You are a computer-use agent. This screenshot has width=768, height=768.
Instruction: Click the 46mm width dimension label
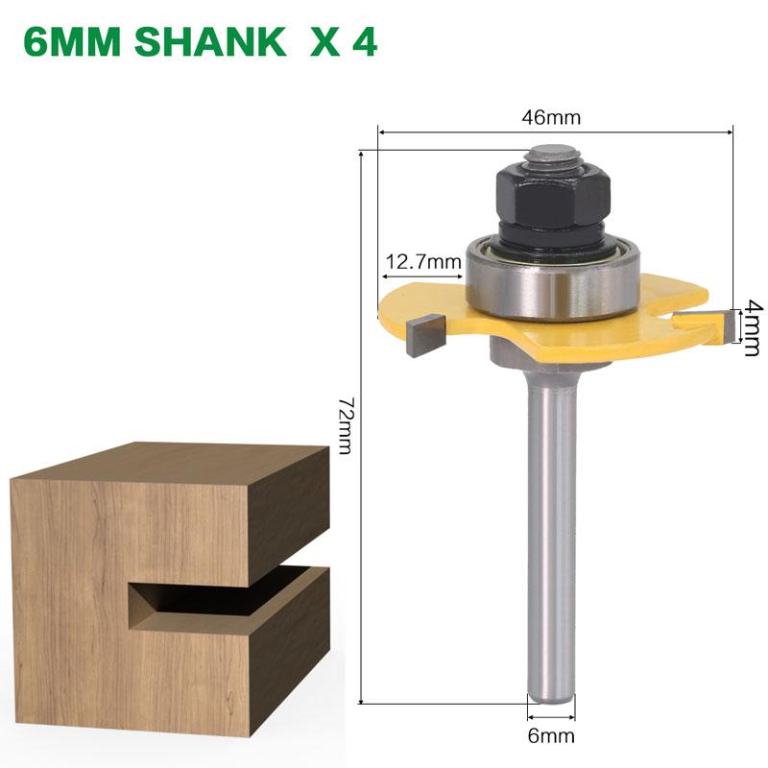click(x=552, y=118)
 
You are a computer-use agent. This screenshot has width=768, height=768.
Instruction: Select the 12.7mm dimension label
click(x=422, y=262)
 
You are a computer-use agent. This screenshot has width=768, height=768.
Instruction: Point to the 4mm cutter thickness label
click(x=753, y=326)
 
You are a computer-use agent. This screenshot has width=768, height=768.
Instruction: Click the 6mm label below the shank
click(x=551, y=737)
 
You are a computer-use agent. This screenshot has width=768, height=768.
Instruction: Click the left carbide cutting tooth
click(x=420, y=335)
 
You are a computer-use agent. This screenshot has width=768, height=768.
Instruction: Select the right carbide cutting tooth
click(x=706, y=324)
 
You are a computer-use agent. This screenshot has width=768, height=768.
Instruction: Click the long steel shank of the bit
click(x=551, y=538)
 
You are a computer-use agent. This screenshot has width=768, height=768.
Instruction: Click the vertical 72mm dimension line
click(x=360, y=425)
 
